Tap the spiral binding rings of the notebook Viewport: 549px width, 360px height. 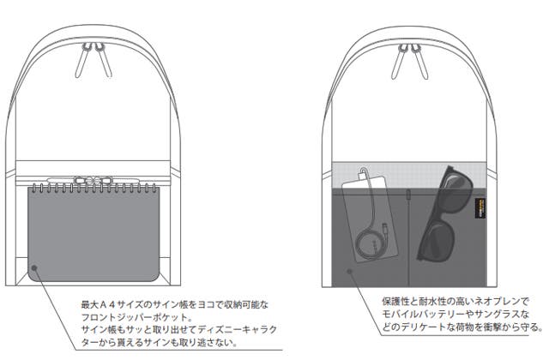coord(94,189)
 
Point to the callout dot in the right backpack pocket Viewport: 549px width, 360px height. coord(349,273)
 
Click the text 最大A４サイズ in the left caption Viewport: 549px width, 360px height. coord(111,303)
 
